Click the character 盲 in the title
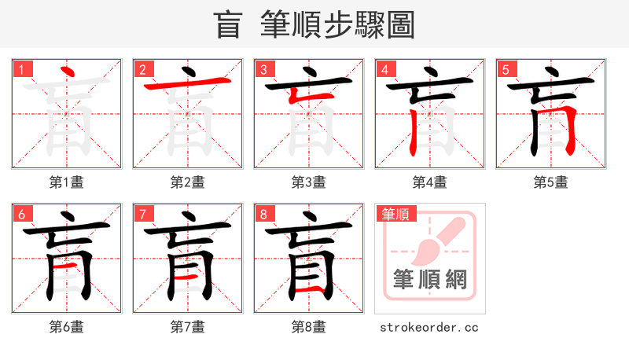coord(229,25)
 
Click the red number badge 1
coord(22,70)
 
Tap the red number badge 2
coord(143,70)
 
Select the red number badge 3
coord(264,70)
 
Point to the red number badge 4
coord(385,70)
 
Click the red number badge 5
coord(506,70)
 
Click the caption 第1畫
coord(67,182)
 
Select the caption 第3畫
coord(309,182)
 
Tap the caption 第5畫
coord(551,182)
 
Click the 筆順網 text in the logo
coord(429,279)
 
